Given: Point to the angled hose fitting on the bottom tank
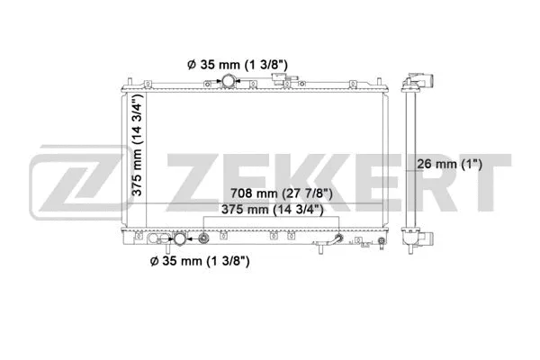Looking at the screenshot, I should [x=339, y=239].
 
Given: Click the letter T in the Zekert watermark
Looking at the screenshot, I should [x=482, y=176].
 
